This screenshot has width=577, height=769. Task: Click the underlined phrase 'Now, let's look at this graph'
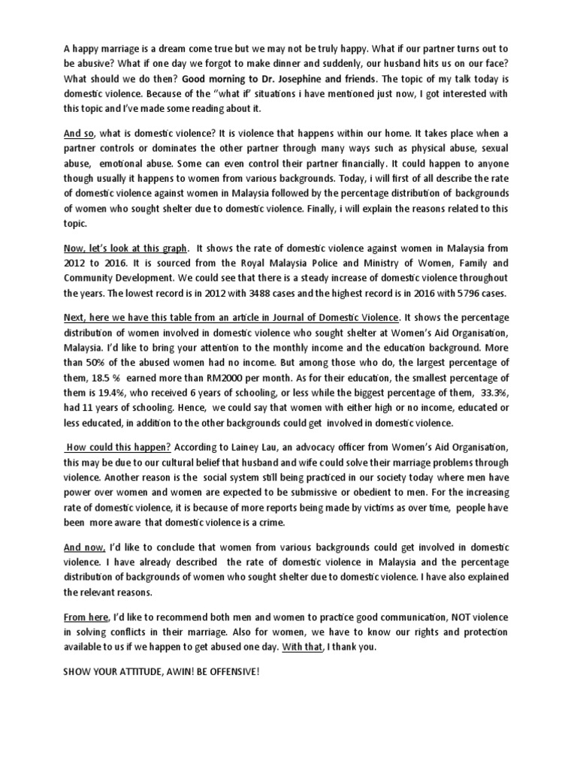pyautogui.click(x=125, y=247)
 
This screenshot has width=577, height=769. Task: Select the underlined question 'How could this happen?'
pyautogui.click(x=110, y=445)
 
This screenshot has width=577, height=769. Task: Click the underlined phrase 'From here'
pyautogui.click(x=86, y=617)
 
